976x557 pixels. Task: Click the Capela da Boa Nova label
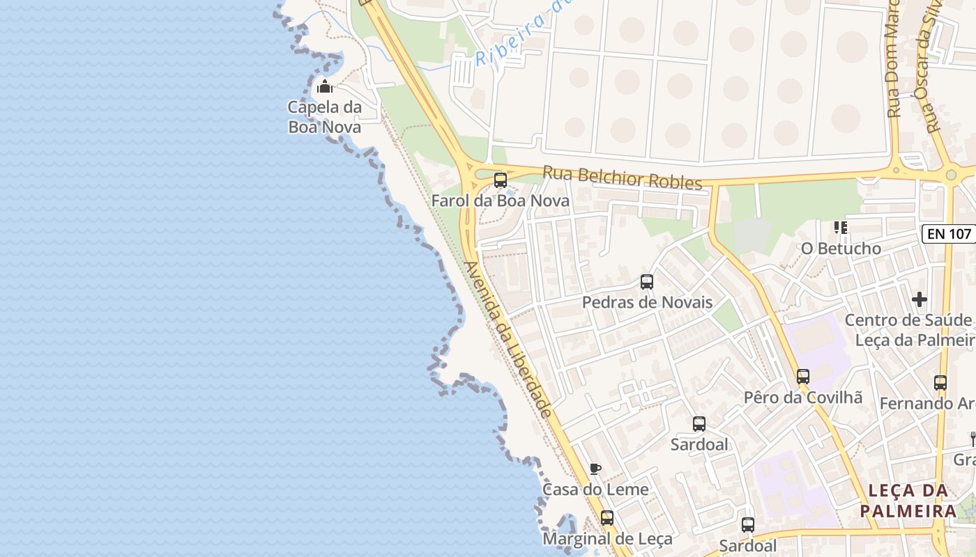coord(325,118)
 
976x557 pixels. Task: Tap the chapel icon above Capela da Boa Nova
coord(325,87)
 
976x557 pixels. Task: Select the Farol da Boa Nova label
coord(500,201)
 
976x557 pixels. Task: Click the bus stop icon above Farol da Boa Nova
coord(501,180)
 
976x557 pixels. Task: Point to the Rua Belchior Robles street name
coord(622,177)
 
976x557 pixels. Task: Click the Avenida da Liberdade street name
coord(509,340)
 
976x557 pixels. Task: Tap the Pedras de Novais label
coord(647,302)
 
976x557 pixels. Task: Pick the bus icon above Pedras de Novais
coord(647,282)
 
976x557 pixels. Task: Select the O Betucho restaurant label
coord(841,249)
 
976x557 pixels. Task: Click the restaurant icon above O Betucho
coord(841,228)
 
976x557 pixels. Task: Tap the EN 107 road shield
coord(950,234)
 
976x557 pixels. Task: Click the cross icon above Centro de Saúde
coord(920,299)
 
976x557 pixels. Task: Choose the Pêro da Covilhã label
coord(803,398)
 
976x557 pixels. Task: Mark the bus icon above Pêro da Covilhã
coord(803,377)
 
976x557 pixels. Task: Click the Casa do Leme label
coord(595,489)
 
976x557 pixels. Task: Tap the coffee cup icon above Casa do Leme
coord(595,469)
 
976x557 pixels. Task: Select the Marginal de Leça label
coord(607,539)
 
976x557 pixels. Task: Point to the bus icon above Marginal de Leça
coord(607,518)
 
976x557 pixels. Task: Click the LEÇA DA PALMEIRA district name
coord(908,501)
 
